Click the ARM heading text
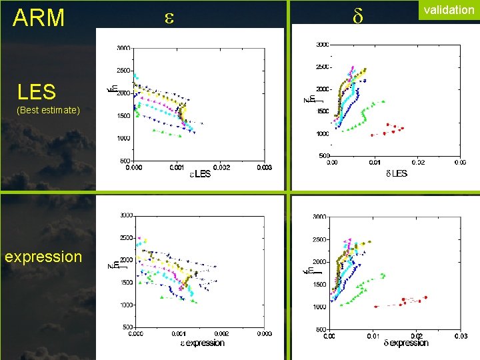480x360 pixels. (39, 18)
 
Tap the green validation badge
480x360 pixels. (448, 11)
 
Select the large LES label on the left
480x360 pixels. (37, 92)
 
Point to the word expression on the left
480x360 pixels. (43, 257)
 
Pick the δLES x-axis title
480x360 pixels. (396, 173)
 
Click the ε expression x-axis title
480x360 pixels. (202, 343)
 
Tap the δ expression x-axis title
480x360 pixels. (406, 343)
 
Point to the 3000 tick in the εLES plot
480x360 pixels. (123, 48)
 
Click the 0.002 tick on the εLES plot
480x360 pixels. (221, 167)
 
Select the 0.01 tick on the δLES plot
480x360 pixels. (375, 162)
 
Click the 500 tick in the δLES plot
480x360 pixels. (324, 155)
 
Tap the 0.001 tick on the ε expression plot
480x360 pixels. (178, 333)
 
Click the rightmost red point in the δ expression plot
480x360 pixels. (425, 297)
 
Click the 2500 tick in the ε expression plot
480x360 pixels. (125, 238)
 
